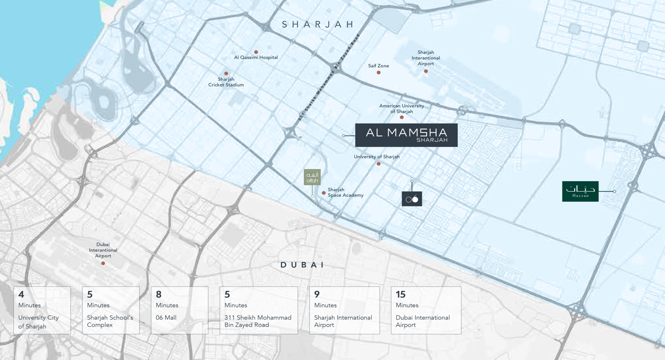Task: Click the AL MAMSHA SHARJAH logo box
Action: [406, 135]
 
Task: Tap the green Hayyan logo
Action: [580, 191]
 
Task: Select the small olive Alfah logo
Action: [312, 177]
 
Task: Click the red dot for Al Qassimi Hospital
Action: [256, 52]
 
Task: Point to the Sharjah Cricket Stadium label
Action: [226, 82]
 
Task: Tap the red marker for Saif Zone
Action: [378, 73]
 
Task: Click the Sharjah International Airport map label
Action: [426, 58]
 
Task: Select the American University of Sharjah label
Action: [402, 109]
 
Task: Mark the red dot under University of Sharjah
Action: [378, 164]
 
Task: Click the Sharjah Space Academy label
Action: [345, 192]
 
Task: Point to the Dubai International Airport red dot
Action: [103, 263]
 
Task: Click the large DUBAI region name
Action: [302, 265]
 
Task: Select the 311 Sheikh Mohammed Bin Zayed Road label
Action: [329, 78]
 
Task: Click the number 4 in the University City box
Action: [21, 295]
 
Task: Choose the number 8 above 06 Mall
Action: [158, 295]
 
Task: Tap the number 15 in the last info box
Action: [400, 295]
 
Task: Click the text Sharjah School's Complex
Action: [110, 321]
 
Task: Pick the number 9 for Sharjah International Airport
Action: [317, 295]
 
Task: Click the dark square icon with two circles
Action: [412, 199]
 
